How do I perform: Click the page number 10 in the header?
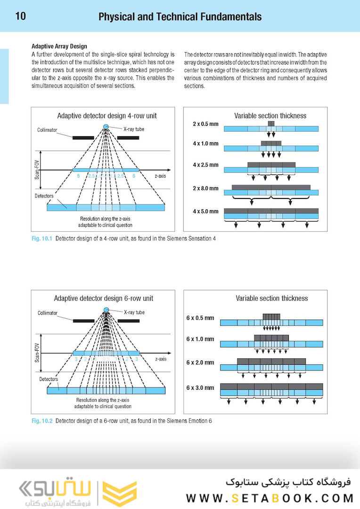20,17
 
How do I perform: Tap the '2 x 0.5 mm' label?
205,124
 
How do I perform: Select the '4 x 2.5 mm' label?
205,165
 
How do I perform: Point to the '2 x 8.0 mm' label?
205,189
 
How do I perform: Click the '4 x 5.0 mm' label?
205,212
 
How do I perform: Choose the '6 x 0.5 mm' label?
200,318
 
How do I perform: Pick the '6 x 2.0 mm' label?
200,363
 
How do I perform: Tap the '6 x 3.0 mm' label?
200,388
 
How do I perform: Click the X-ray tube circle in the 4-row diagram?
106,127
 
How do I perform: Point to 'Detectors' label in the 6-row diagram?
48,379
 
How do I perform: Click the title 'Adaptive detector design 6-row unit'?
104,298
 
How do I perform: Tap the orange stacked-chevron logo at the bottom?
120,493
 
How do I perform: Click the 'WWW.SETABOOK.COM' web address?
270,498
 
